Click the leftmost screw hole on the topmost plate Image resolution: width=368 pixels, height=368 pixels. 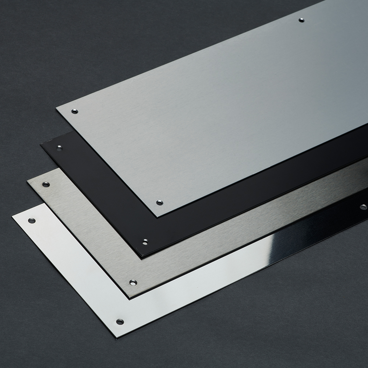(75, 111)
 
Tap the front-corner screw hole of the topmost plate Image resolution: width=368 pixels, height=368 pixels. (159, 202)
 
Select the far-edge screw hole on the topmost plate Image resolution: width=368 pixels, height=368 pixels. (301, 20)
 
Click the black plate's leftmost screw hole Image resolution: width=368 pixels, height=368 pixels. (59, 148)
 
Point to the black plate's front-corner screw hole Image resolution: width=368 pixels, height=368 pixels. (145, 242)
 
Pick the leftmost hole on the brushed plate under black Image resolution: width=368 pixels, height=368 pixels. (46, 184)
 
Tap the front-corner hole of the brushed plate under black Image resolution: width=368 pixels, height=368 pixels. (133, 283)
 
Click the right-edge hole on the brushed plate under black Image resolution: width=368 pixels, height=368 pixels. (363, 207)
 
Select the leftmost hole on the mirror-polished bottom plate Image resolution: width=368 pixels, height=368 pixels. (32, 220)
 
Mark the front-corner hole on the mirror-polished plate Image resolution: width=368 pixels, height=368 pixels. (120, 321)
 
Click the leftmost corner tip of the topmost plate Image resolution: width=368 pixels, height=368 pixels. (56, 107)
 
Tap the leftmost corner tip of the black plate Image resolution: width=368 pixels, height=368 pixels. (40, 145)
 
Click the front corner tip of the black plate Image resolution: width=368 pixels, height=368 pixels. (143, 256)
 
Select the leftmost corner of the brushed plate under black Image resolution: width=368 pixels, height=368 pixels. (26, 180)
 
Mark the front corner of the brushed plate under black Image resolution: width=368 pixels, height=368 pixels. (131, 297)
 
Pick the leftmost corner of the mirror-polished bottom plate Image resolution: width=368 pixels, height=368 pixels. (12, 216)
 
